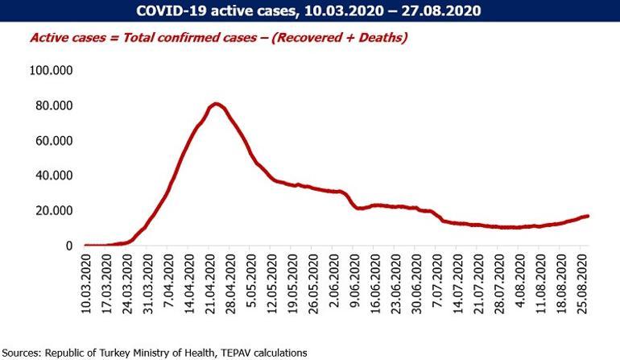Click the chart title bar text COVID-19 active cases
(x=309, y=11)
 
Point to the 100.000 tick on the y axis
(x=51, y=71)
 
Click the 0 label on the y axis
(x=70, y=246)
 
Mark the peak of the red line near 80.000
(x=215, y=104)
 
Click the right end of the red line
(x=588, y=216)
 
